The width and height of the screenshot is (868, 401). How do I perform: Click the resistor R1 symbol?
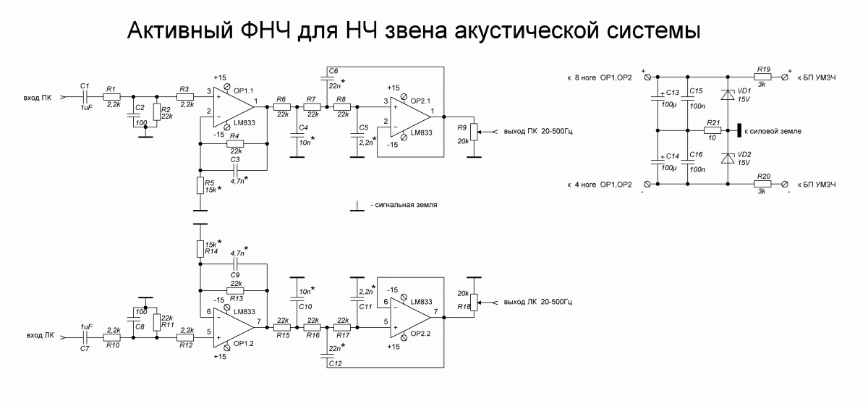tap(112, 96)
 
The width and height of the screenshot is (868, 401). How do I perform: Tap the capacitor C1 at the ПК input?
tap(85, 96)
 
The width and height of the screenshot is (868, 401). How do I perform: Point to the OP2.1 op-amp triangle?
tap(412, 117)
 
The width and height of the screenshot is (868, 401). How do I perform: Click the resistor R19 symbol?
tap(762, 77)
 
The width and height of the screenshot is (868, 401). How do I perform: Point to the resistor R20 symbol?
tap(762, 184)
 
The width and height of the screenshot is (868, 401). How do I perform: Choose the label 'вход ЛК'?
tap(40, 337)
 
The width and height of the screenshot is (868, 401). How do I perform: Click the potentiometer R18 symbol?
tap(474, 301)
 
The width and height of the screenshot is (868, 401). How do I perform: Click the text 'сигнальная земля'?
tap(406, 206)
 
